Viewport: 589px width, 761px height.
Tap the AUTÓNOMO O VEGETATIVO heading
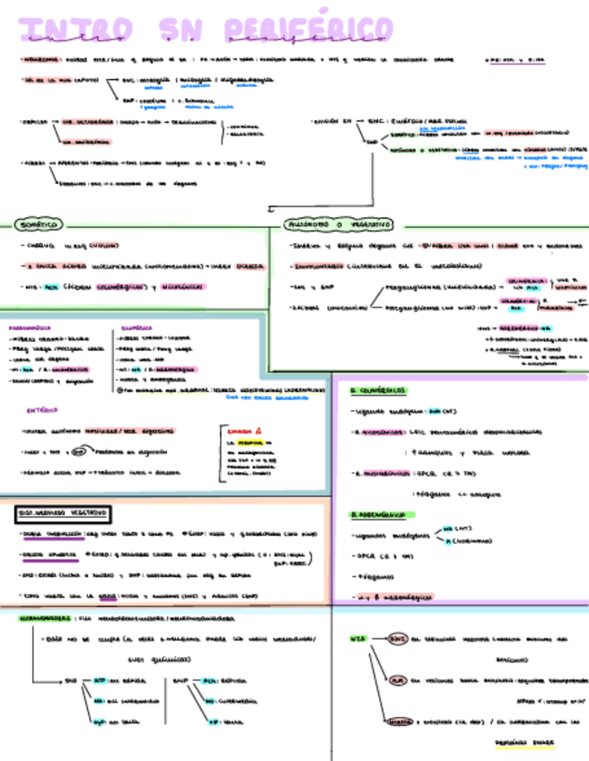(x=337, y=223)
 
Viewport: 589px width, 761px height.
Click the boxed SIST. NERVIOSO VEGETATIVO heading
(x=64, y=513)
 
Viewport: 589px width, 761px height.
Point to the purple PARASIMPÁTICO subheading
(x=31, y=328)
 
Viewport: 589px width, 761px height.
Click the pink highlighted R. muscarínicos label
(x=381, y=470)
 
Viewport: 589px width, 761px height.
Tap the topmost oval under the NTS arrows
(x=397, y=639)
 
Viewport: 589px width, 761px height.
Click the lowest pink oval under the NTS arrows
(x=400, y=722)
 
